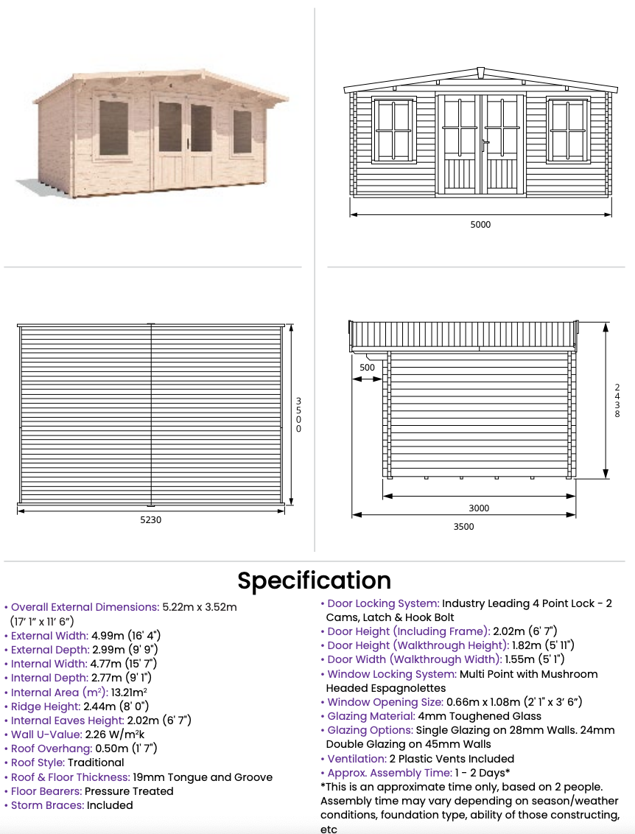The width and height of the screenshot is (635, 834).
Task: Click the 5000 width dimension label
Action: (480, 225)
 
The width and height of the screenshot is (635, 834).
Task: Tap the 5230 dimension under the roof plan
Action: (150, 519)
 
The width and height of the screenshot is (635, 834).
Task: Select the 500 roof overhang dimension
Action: (367, 367)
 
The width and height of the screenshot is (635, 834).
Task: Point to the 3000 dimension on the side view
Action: (479, 508)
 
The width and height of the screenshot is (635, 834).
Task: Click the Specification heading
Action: (314, 581)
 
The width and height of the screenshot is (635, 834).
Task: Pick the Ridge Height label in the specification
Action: (42, 707)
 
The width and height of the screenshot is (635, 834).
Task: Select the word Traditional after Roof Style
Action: (96, 763)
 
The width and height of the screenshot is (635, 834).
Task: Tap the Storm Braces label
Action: (46, 805)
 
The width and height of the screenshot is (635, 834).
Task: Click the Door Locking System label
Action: (383, 603)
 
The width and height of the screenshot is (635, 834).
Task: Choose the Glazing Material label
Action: (371, 716)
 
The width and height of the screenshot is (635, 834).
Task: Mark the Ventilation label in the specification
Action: (357, 759)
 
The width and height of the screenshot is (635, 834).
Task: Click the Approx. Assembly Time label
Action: (390, 773)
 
